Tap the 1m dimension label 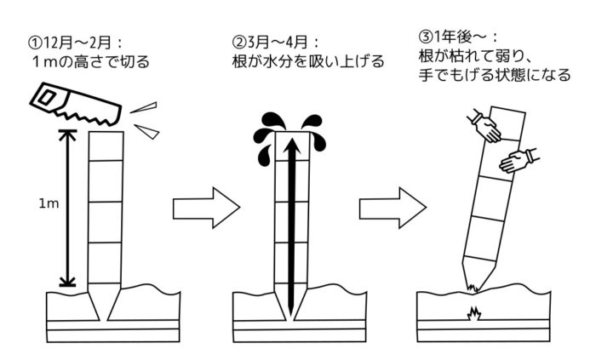tap(48, 204)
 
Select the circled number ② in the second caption tap(239, 41)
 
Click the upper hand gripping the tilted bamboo tap(488, 129)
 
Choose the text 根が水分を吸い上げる tap(307, 61)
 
